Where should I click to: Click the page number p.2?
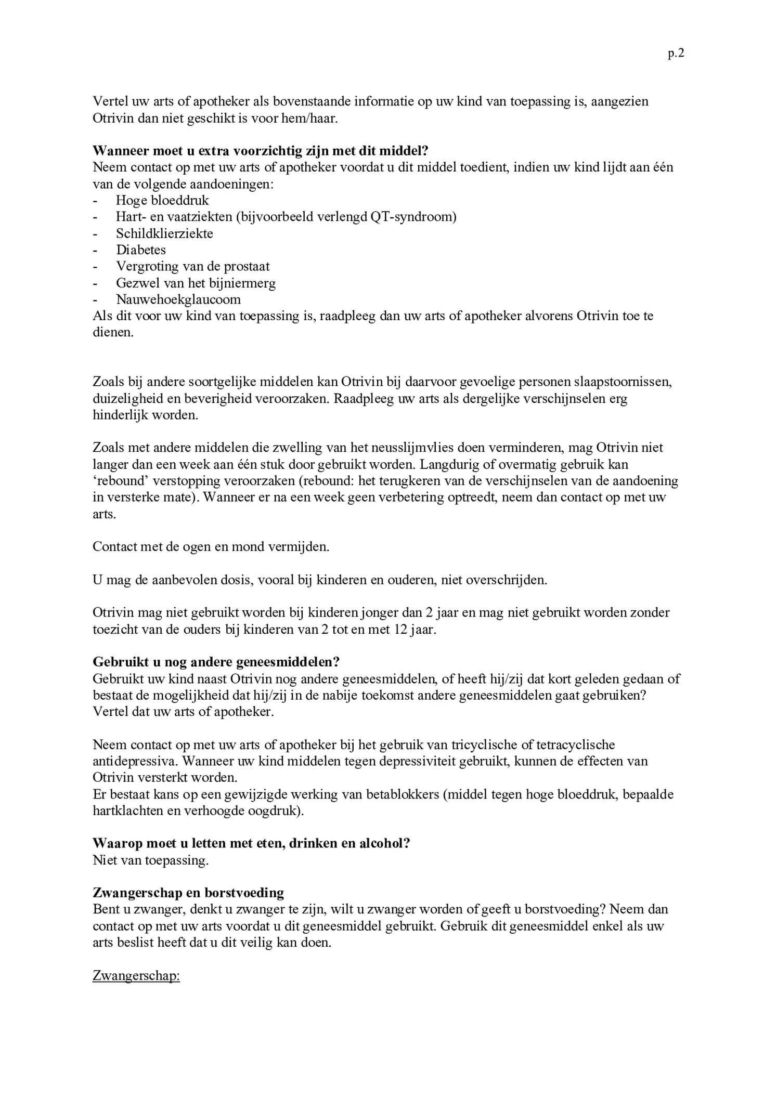(676, 54)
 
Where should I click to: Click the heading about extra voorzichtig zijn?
(260, 151)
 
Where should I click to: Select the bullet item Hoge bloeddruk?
(162, 200)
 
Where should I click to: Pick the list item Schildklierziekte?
(164, 233)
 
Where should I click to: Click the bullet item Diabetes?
(141, 250)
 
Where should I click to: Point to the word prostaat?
(247, 267)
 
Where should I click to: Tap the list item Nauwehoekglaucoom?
(178, 300)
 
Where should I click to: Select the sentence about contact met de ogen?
(211, 547)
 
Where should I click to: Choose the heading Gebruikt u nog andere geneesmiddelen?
(216, 662)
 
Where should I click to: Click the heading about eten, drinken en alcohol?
(251, 843)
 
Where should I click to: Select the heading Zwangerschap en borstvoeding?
(188, 893)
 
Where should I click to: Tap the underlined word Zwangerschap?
(136, 976)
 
